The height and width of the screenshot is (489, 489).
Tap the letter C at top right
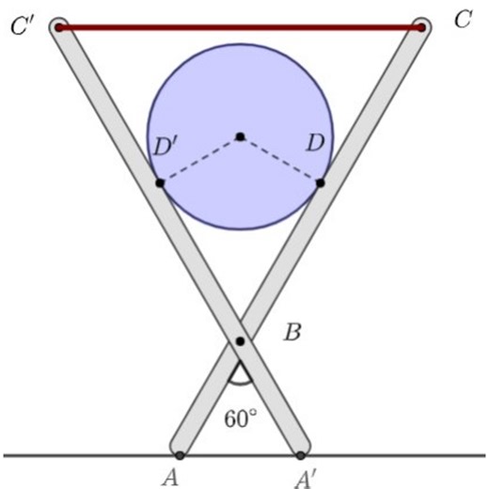tap(462, 22)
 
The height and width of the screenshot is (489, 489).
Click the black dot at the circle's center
tap(240, 137)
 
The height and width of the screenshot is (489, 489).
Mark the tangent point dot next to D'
tap(160, 182)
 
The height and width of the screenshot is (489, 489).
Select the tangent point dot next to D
tap(321, 182)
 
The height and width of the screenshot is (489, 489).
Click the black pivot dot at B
tap(240, 340)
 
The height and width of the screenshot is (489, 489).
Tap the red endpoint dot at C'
tap(58, 27)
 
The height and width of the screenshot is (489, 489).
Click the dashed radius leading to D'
tap(199, 160)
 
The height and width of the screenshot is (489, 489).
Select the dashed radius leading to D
tap(280, 160)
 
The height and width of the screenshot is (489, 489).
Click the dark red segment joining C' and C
tap(240, 27)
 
